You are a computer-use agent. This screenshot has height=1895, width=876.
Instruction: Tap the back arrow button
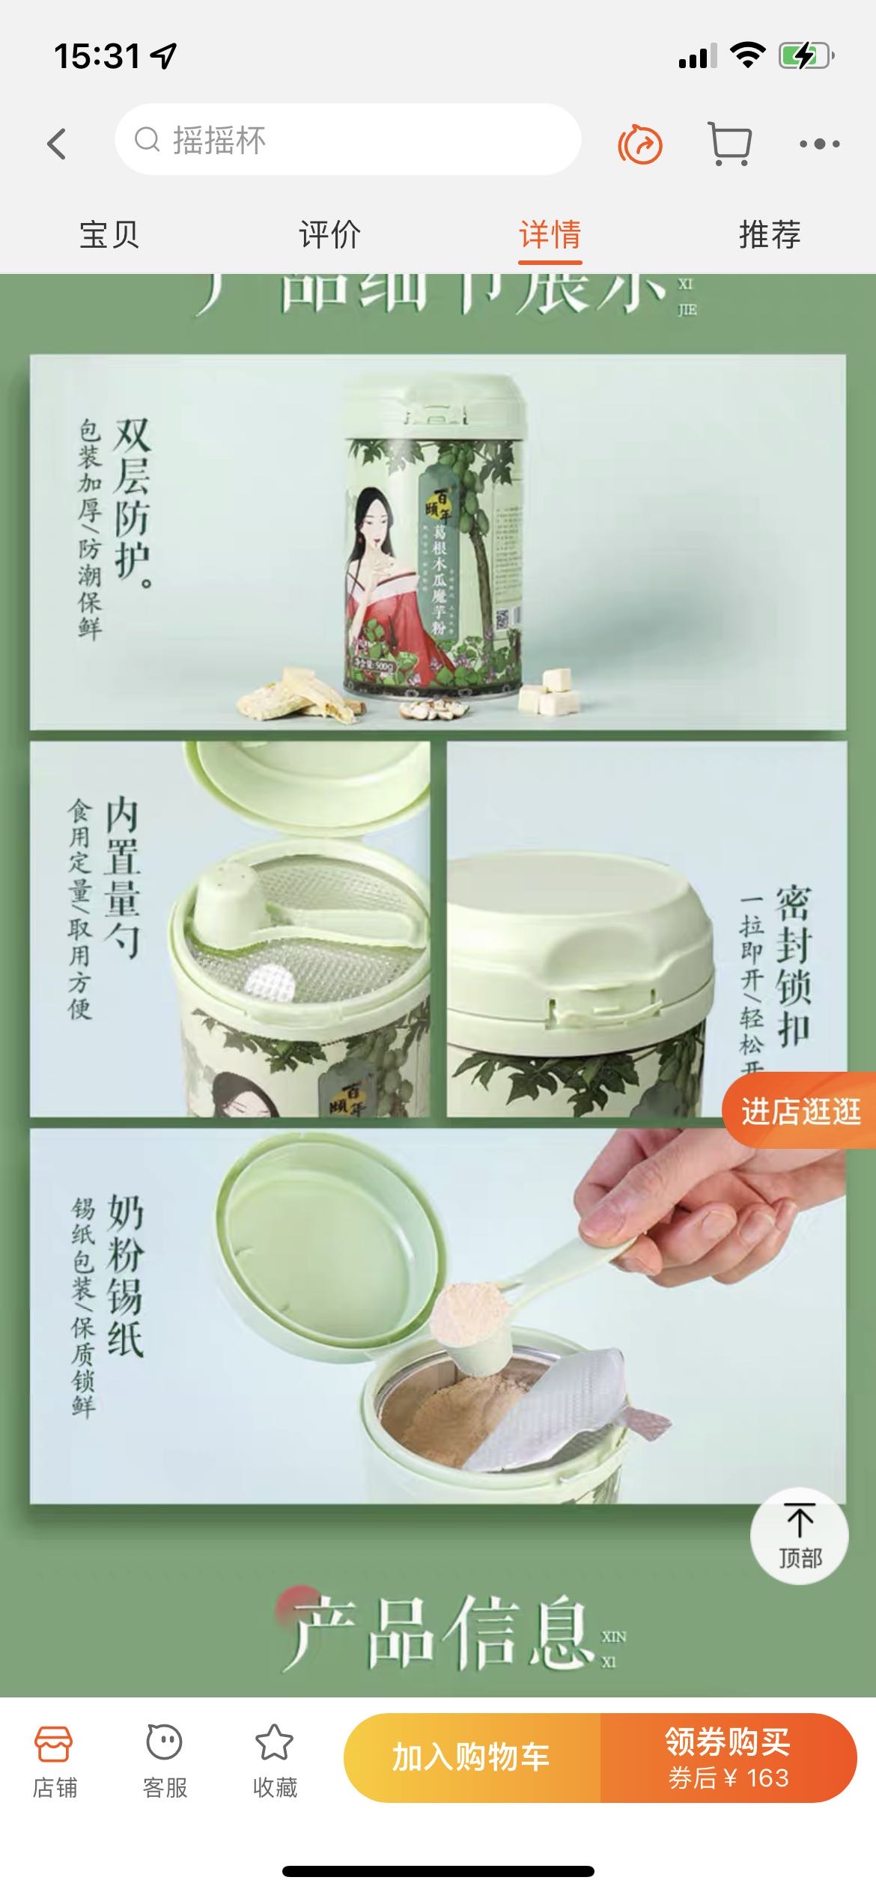pos(57,143)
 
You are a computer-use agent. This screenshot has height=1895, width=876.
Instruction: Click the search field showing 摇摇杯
pos(347,140)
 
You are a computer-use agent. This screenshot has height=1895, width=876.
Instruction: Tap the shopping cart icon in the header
pos(729,143)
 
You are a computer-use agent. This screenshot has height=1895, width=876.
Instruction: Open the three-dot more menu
pos(819,143)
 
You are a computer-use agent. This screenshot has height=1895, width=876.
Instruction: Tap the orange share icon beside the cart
pos(640,144)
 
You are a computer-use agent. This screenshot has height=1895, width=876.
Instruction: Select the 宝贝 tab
pos(109,235)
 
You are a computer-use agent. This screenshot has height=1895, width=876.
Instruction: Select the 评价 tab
pos(329,235)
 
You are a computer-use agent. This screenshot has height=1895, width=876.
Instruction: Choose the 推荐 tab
pos(770,235)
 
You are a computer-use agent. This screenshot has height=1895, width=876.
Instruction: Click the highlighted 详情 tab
pos(550,235)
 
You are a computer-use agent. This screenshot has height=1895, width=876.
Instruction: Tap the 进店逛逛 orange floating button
pos(800,1111)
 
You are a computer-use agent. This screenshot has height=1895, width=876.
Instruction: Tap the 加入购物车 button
pos(472,1757)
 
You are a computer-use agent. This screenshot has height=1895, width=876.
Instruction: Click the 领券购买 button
pos(728,1757)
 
